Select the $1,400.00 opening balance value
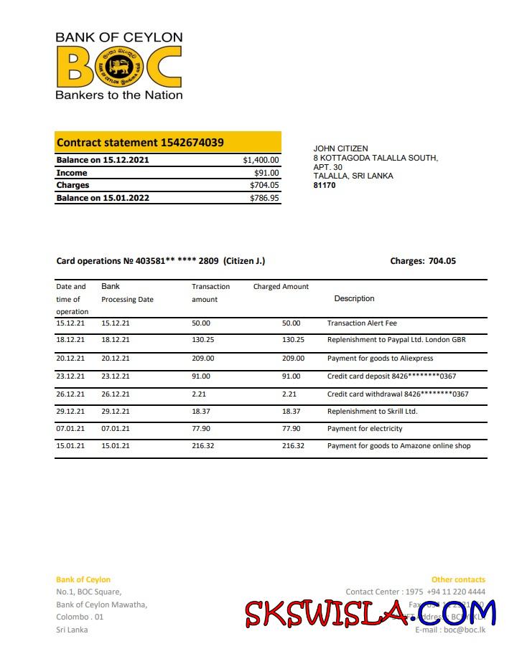261,160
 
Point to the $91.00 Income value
266,173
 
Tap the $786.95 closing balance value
264,198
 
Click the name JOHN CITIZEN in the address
340,148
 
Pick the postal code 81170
325,185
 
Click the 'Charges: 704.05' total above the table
423,261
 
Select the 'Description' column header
354,298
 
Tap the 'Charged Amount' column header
281,286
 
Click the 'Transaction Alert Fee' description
366,323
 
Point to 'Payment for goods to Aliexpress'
380,359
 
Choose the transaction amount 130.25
203,340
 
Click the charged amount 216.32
293,446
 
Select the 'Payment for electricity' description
365,429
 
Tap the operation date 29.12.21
70,412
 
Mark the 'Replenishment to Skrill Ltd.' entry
372,412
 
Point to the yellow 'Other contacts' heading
458,579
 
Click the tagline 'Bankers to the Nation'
119,95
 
